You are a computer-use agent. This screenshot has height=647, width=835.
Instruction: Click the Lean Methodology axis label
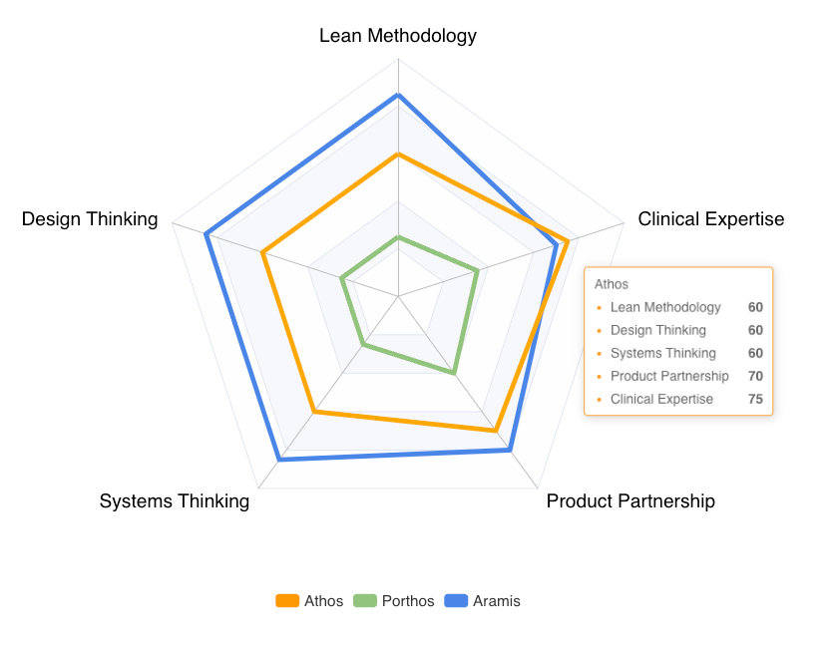(x=398, y=36)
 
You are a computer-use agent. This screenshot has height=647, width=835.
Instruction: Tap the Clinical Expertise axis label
(x=710, y=219)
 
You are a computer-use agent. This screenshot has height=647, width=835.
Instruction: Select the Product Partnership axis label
(x=630, y=500)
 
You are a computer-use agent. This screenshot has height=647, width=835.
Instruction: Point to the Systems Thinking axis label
(x=175, y=500)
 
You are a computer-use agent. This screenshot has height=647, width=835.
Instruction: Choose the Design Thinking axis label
(x=90, y=219)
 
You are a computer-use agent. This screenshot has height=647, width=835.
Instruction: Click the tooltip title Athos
(x=612, y=284)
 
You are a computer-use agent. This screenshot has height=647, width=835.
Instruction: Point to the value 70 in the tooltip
(x=755, y=376)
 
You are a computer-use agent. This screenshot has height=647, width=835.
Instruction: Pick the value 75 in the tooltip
(x=755, y=399)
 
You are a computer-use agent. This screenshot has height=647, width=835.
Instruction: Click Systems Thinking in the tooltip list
(x=662, y=353)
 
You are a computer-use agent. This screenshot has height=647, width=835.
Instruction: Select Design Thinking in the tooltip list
(x=657, y=330)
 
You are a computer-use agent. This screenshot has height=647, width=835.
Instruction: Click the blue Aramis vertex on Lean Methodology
(x=398, y=95)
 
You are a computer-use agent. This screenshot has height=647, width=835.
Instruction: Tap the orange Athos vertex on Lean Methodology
(x=398, y=155)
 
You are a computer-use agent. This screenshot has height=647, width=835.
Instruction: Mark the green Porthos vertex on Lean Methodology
(x=398, y=237)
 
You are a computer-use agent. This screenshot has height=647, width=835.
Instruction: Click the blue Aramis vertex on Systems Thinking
(x=279, y=460)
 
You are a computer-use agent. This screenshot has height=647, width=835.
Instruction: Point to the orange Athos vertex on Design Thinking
(x=263, y=253)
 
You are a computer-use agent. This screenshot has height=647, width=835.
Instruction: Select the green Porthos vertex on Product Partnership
(x=454, y=373)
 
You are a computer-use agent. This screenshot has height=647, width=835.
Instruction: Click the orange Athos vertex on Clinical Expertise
(x=568, y=241)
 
